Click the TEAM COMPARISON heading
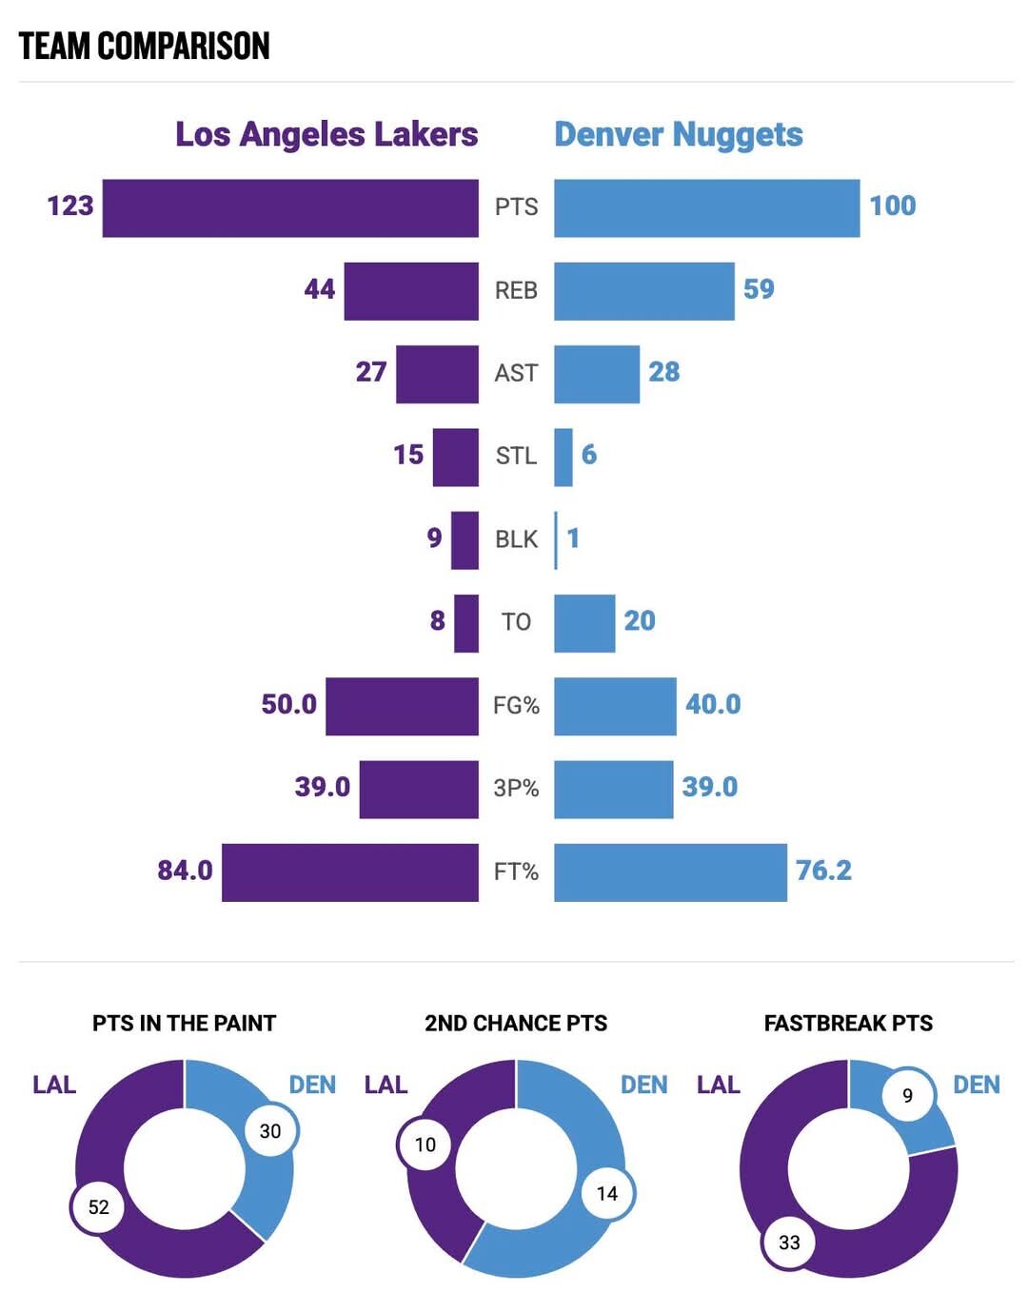pos(144,46)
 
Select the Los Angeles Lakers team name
pos(326,134)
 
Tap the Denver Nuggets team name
pos(679,134)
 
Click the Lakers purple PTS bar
pos(290,207)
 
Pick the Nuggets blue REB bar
pos(643,290)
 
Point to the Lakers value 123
pos(70,205)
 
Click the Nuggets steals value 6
pos(589,455)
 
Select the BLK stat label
pos(516,539)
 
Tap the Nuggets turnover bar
pos(584,623)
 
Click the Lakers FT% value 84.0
pos(185,871)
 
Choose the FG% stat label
pos(516,706)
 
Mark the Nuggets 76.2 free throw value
pos(823,871)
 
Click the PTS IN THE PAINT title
pos(184,1024)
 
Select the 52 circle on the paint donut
pos(98,1207)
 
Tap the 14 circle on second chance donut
pos(607,1193)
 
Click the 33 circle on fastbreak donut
pos(789,1243)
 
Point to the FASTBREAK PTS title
pos(848,1024)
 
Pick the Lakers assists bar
pos(437,374)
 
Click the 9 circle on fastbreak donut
pos(907,1095)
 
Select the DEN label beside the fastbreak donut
pos(976,1086)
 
